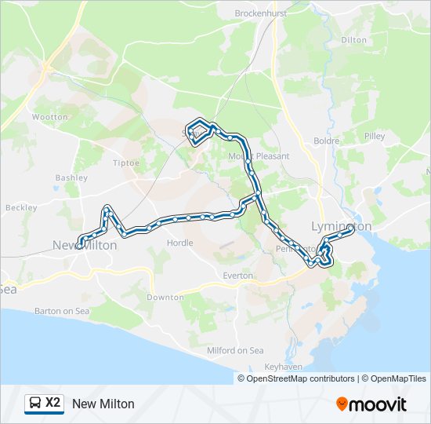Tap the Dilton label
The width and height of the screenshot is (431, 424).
point(353,39)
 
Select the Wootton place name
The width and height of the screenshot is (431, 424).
point(50,117)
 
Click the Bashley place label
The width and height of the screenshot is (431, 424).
point(71,178)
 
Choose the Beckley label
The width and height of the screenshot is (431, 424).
point(21,208)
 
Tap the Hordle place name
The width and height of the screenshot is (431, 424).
point(180,243)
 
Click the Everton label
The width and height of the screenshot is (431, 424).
point(237,276)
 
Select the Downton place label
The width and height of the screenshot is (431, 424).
point(165,298)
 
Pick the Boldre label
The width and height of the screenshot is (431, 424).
point(326,141)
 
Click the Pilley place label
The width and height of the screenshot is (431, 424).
point(375,137)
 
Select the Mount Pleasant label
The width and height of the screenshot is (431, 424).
point(259,156)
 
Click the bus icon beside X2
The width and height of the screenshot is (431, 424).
point(34,404)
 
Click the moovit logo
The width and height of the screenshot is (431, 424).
point(371,404)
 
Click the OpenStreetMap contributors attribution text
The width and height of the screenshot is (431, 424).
point(300,378)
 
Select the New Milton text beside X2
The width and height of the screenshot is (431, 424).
point(103,404)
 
